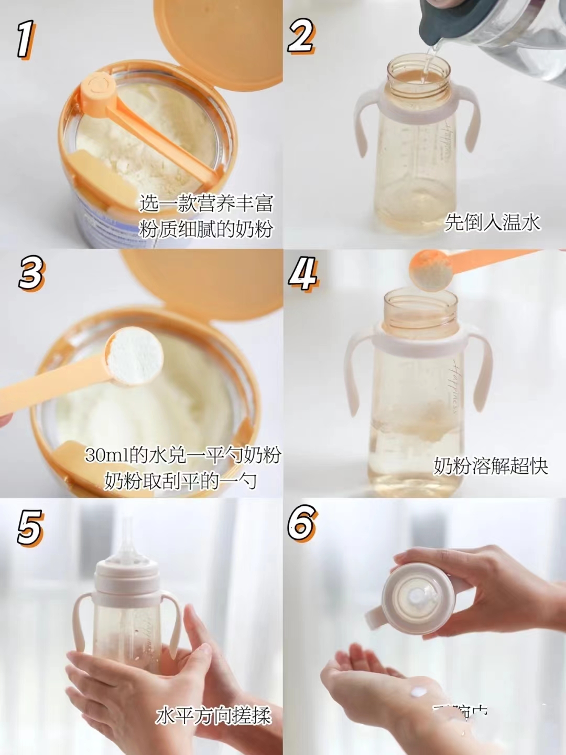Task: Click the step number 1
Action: point(25,39)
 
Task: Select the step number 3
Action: point(31,273)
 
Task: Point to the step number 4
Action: point(303,273)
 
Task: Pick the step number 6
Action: point(302,523)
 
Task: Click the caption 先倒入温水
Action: point(492,222)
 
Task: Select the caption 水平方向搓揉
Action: point(213,716)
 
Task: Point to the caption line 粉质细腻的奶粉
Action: point(206,229)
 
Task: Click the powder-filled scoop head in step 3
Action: point(135,357)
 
